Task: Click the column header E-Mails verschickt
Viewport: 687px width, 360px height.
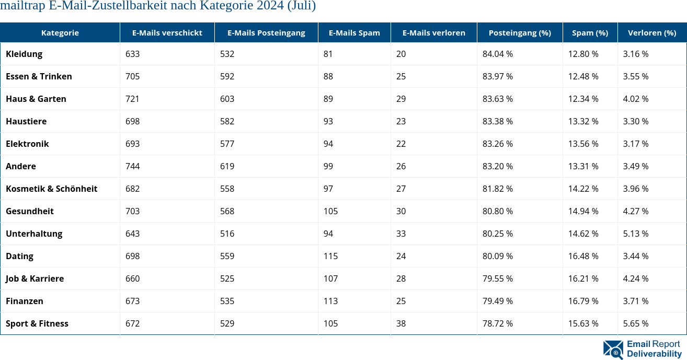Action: [167, 32]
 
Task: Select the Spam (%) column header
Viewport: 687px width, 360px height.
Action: [590, 32]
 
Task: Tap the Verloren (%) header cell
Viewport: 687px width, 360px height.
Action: [651, 32]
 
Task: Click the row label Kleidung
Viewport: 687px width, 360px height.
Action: [24, 54]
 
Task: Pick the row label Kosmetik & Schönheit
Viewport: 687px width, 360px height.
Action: [51, 189]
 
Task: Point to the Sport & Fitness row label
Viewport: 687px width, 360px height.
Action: [37, 323]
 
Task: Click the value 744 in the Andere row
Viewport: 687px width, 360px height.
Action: [132, 166]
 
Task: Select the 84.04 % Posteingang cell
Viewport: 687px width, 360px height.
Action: [497, 54]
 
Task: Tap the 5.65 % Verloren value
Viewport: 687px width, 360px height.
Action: [635, 323]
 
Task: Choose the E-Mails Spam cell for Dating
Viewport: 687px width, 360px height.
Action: [330, 256]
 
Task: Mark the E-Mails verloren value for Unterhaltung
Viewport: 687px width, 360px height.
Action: [401, 234]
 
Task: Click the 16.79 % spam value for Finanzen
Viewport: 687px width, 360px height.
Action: [583, 301]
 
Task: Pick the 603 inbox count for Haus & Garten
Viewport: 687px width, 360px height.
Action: [227, 99]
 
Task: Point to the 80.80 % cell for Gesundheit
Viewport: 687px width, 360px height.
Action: [497, 211]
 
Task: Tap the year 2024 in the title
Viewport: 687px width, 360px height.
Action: [271, 6]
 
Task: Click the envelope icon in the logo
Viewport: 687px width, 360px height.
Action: [613, 350]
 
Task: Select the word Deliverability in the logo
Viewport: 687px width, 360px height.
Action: [654, 354]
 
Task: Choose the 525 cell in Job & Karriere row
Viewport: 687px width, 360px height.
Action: [227, 278]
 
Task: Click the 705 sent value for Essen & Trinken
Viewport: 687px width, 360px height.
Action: [132, 76]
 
